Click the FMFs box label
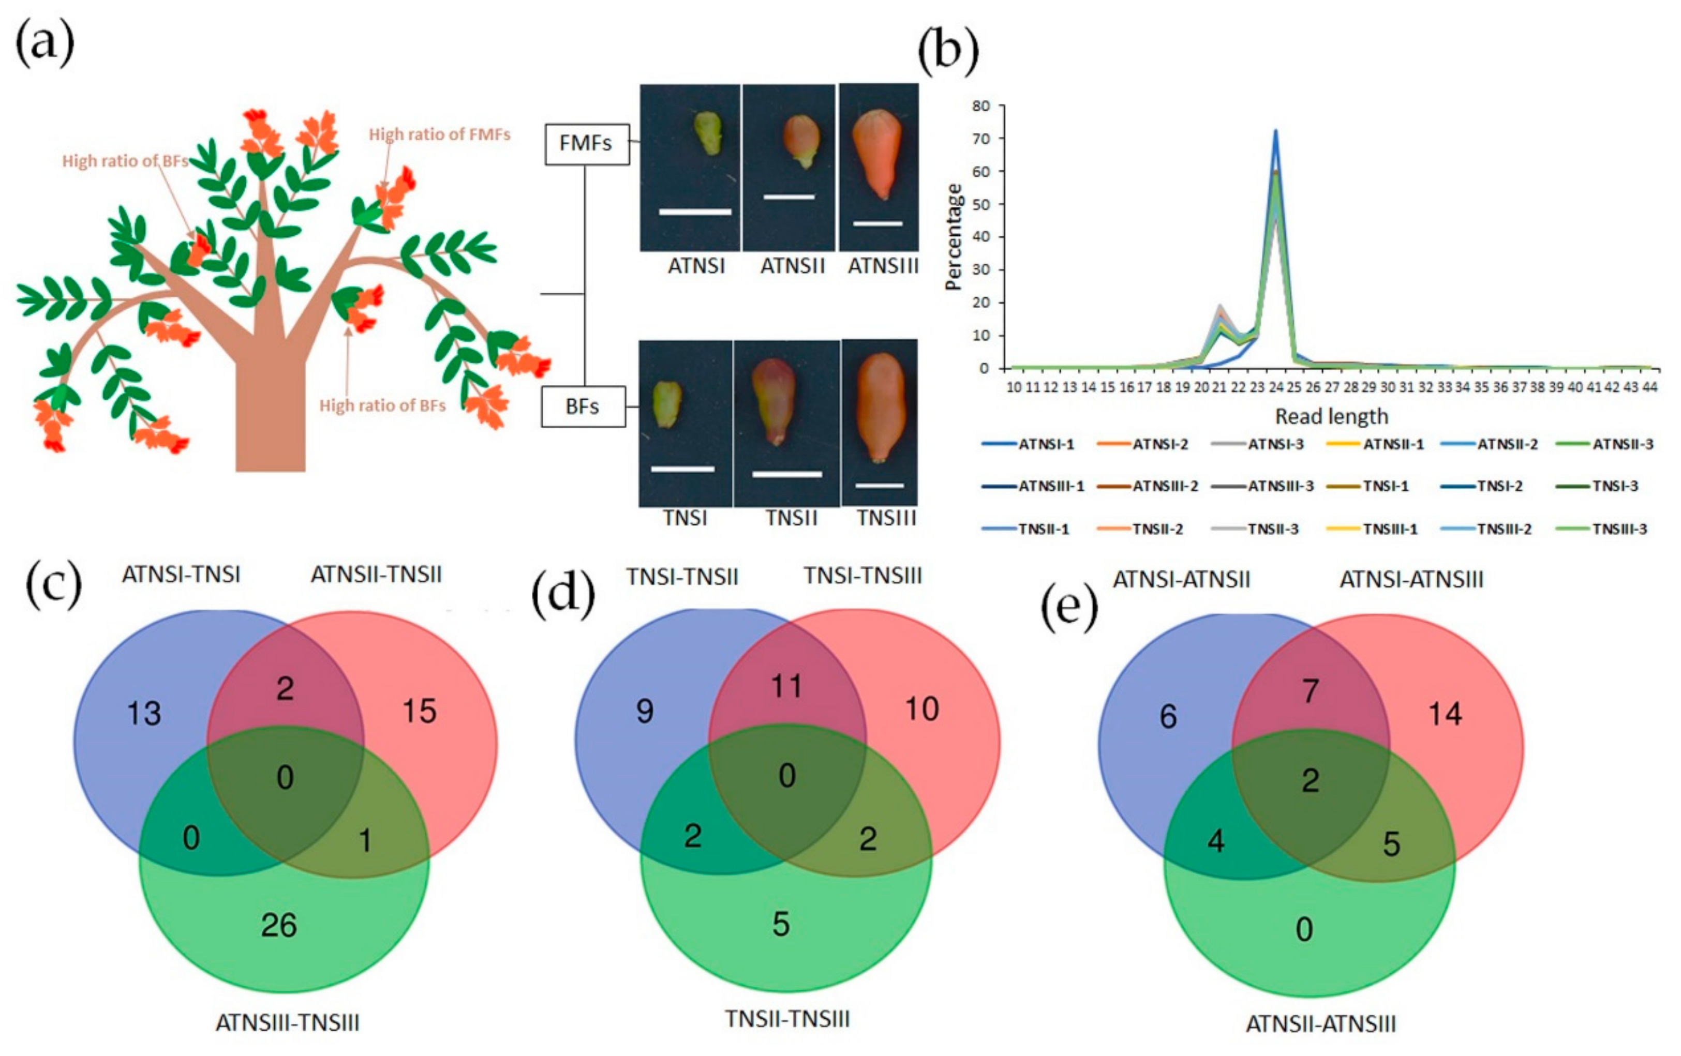coord(586,144)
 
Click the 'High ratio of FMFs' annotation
coord(439,134)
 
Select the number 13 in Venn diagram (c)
coord(144,713)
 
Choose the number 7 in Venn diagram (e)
coord(1311,691)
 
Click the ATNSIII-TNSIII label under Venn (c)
coord(287,1023)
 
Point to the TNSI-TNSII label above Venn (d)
coord(682,577)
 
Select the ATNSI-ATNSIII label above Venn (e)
coord(1411,579)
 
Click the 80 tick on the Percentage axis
coord(981,106)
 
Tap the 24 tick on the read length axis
coord(1275,387)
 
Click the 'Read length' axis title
coord(1331,417)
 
